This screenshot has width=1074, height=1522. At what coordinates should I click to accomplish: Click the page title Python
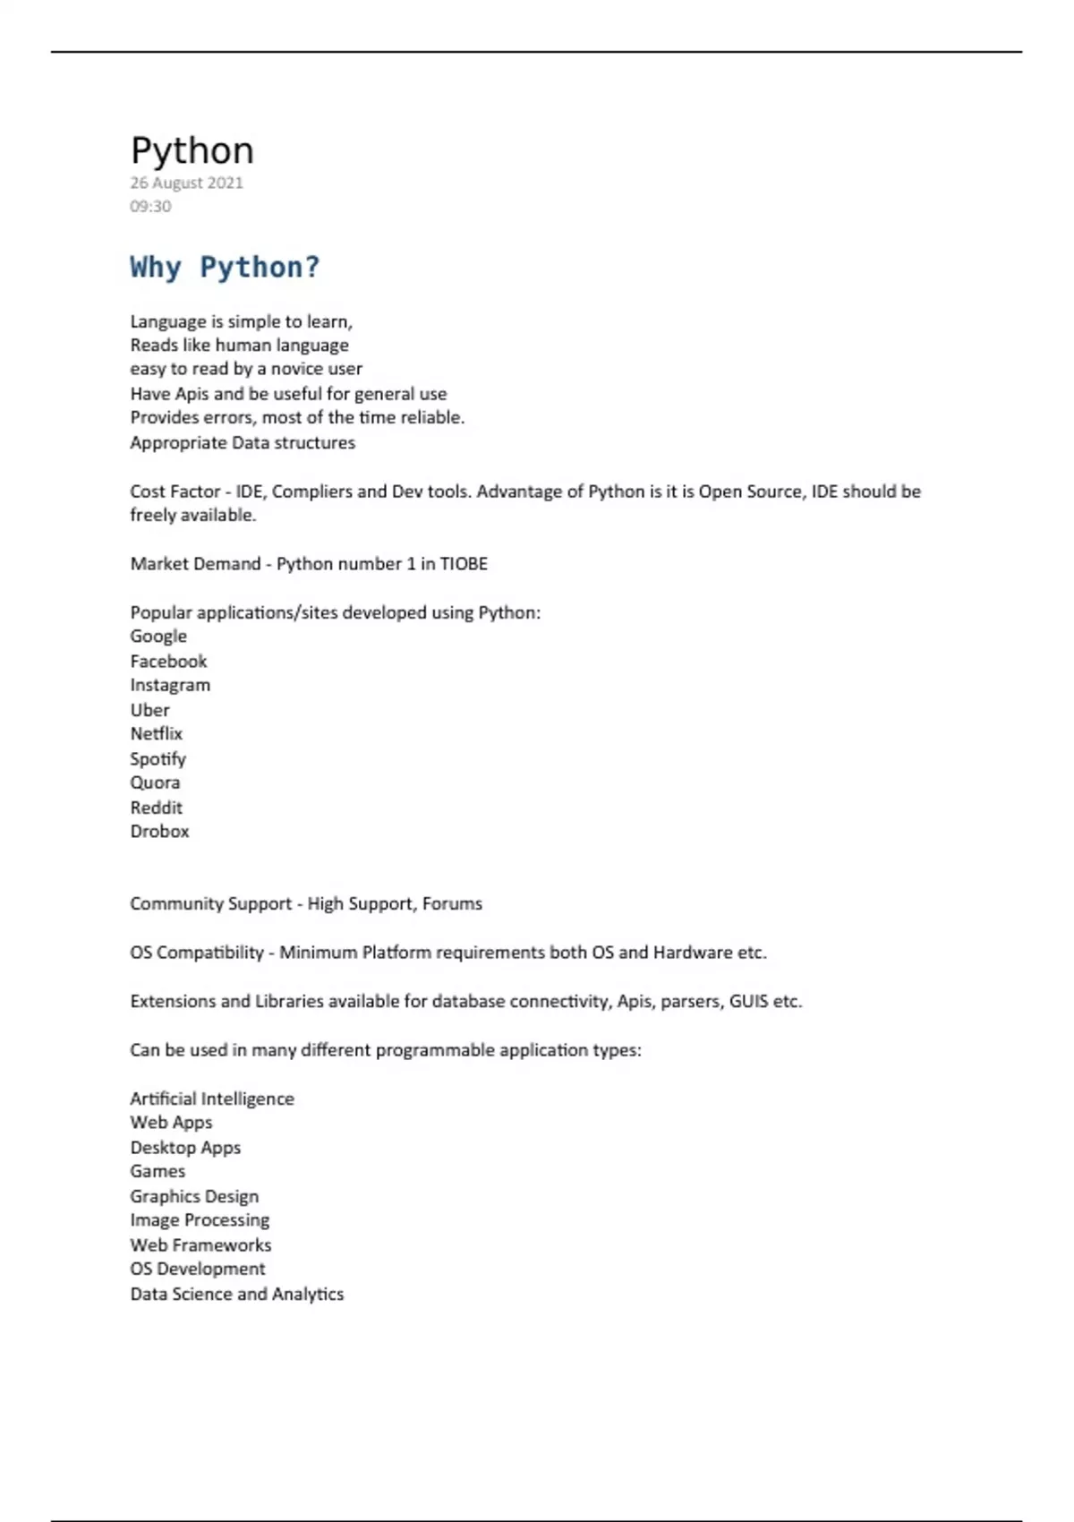(192, 150)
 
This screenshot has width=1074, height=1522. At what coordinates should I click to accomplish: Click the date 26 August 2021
(186, 183)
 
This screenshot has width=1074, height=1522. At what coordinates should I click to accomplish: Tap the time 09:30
(150, 206)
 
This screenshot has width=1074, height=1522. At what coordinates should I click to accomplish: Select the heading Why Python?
(225, 267)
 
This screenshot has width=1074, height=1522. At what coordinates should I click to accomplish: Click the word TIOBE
(464, 564)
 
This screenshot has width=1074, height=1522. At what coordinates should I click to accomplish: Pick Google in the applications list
(158, 637)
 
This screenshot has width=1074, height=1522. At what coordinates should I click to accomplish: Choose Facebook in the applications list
(168, 662)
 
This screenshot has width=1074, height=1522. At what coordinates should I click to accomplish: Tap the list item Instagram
(170, 685)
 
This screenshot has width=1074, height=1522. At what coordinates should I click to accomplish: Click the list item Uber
(149, 710)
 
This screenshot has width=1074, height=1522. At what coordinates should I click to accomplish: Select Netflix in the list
(156, 734)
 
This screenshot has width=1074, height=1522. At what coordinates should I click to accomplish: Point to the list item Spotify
(158, 759)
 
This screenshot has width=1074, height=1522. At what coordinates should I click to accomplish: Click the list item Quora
(155, 782)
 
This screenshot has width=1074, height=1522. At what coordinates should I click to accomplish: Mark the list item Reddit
(156, 808)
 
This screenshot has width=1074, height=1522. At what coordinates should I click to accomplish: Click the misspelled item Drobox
(159, 832)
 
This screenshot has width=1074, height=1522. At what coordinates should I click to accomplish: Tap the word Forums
(452, 904)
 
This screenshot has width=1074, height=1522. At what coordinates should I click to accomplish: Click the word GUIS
(748, 1002)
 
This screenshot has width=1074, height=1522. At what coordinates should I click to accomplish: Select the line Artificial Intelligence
(211, 1099)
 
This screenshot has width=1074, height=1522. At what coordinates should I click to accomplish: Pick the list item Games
(158, 1172)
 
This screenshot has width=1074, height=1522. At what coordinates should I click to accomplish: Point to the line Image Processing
(200, 1220)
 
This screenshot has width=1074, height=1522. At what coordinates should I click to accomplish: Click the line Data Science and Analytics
(236, 1294)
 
